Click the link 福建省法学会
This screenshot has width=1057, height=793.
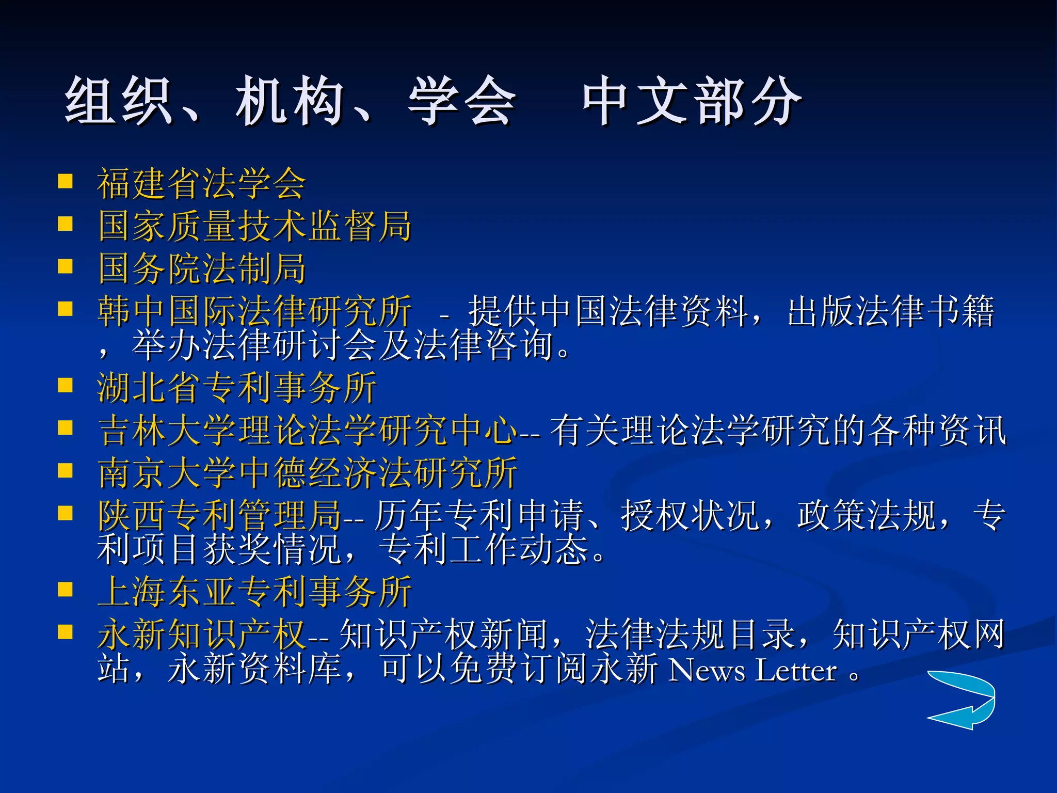pyautogui.click(x=201, y=184)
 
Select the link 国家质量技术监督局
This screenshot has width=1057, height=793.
pyautogui.click(x=255, y=226)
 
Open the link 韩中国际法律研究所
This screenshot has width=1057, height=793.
pyautogui.click(x=255, y=311)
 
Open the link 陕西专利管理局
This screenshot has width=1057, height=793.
pyautogui.click(x=220, y=515)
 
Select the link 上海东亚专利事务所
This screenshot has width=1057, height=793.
pyautogui.click(x=255, y=592)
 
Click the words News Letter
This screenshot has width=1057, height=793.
pyautogui.click(x=752, y=671)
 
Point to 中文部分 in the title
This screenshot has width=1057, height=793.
pyautogui.click(x=692, y=101)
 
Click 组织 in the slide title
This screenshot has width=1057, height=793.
pyautogui.click(x=118, y=101)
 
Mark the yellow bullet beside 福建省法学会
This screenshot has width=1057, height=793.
pyautogui.click(x=66, y=182)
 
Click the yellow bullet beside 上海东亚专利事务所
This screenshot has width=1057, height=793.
pyautogui.click(x=66, y=590)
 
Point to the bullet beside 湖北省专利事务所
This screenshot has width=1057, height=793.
pyautogui.click(x=66, y=386)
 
